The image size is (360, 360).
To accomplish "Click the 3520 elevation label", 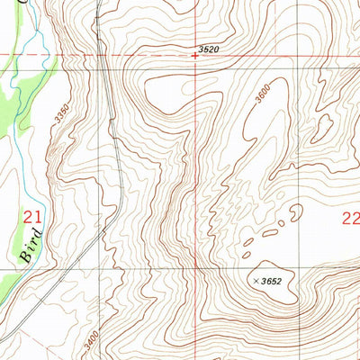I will (209, 49).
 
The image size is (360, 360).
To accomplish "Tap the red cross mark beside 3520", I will (195, 56).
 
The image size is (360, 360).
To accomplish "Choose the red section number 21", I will (33, 217).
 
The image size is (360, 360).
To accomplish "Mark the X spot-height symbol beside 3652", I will (257, 281).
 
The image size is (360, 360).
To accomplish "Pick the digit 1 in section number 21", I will (39, 217).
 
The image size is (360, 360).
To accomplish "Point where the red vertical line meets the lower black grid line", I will (196, 269).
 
